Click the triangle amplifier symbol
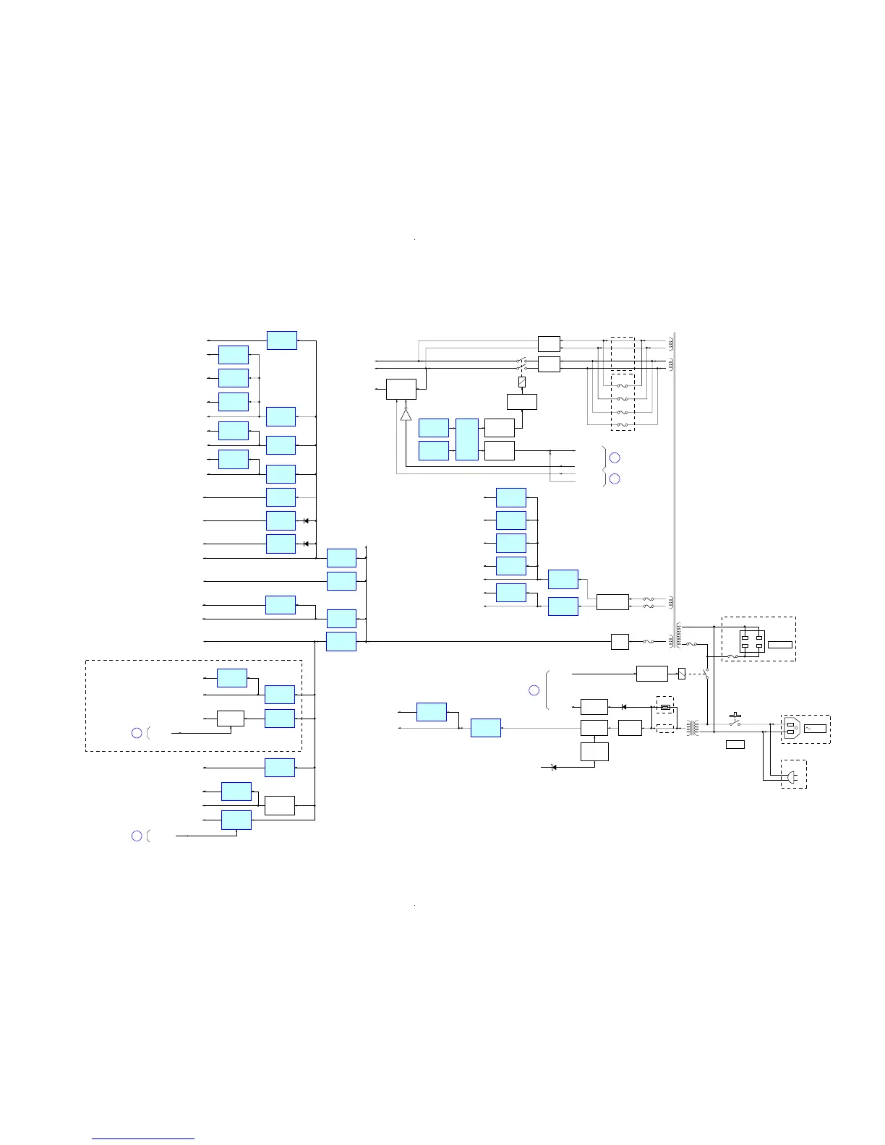pos(406,414)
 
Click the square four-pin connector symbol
pos(752,642)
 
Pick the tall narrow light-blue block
pos(467,439)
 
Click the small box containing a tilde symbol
pos(815,728)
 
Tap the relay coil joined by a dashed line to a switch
pos(682,674)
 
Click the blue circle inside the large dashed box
pos(137,733)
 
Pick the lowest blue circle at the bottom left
pos(137,836)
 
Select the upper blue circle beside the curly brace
pos(615,457)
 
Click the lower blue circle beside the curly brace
pos(615,479)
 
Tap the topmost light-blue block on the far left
pos(281,340)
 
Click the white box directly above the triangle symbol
pos(401,389)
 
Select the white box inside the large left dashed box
pos(231,719)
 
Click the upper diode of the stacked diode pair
pos(307,520)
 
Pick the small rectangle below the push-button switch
pos(735,744)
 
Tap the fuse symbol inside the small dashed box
pos(665,708)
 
